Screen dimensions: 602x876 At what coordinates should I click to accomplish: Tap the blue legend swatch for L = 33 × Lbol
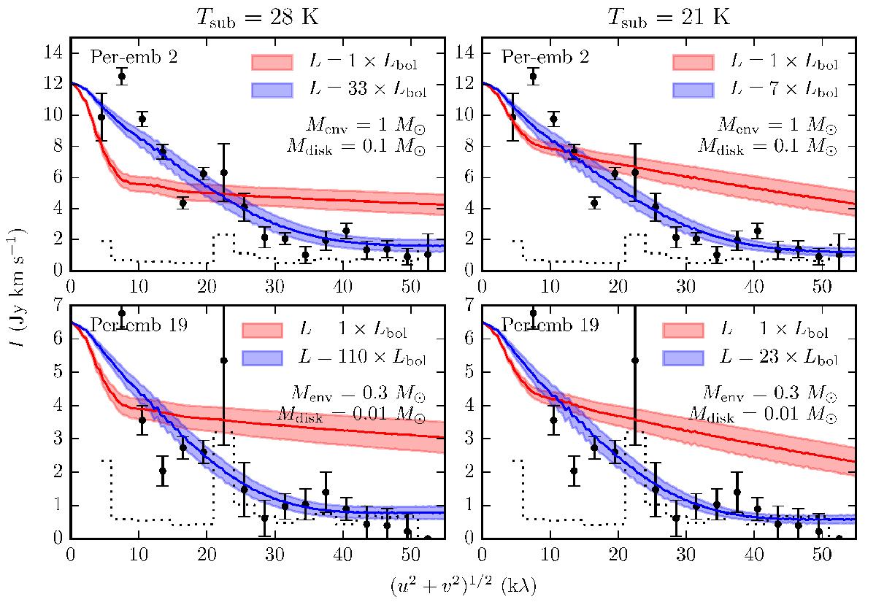coord(272,90)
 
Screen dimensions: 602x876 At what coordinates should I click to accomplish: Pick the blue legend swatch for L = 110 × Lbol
coord(272,358)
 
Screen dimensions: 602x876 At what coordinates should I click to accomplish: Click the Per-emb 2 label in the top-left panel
coord(126,57)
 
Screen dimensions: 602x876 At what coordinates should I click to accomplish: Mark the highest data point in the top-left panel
coord(122,76)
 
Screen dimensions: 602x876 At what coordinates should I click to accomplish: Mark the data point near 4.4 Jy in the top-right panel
coord(595,203)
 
